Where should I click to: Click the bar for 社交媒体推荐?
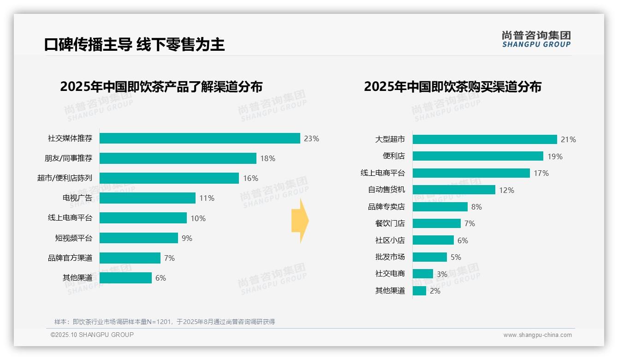[x=200, y=138]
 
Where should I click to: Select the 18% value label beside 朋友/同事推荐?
[x=267, y=158]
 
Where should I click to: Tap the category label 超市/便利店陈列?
[x=65, y=178]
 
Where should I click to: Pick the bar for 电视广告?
[x=148, y=198]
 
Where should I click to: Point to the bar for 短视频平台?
[x=139, y=238]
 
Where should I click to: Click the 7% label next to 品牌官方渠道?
[x=169, y=258]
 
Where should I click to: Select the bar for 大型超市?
[x=485, y=139]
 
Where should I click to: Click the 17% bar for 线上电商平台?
[x=471, y=173]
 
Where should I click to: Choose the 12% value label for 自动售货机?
[x=506, y=190]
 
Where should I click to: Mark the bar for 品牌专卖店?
[x=440, y=207]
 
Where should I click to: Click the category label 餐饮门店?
[x=390, y=223]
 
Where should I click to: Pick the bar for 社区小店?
[x=433, y=240]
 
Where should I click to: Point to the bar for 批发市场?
[x=430, y=257]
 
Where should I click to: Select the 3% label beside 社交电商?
[x=442, y=274]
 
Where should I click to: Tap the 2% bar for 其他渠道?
[x=419, y=291]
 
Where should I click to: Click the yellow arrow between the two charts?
[x=300, y=221]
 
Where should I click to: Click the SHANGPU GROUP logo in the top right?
[x=536, y=39]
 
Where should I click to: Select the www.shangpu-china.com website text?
[x=537, y=335]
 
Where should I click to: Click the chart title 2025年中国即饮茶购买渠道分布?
[x=452, y=87]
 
